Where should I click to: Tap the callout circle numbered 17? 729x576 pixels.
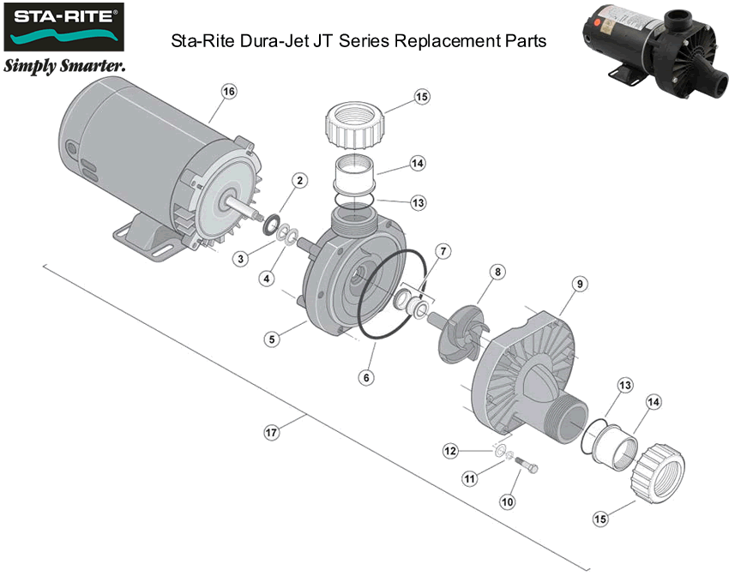tap(271, 433)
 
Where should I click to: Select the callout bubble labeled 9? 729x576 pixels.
tap(579, 284)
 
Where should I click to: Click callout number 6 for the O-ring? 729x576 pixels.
tap(366, 376)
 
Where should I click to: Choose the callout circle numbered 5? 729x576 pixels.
tap(271, 339)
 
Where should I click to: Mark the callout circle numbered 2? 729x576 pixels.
tap(299, 181)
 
